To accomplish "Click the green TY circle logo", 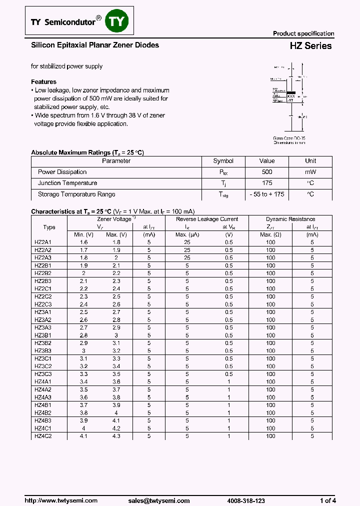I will click(x=119, y=21).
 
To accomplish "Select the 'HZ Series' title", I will click(x=310, y=46).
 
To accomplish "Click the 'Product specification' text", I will click(x=303, y=33).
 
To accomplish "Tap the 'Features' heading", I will click(x=43, y=82).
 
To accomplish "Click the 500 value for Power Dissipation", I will click(x=267, y=172).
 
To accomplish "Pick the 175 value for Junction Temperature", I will click(x=267, y=183).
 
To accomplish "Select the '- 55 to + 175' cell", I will click(x=267, y=194).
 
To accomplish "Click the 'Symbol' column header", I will click(x=223, y=161).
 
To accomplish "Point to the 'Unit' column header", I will click(x=310, y=161).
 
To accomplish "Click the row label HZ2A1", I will click(x=43, y=242).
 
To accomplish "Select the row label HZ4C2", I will click(x=43, y=436).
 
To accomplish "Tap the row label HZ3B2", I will click(x=43, y=343).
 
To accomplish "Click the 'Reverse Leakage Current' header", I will click(x=207, y=219).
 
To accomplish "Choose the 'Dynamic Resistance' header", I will click(x=290, y=219).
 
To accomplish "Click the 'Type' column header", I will click(x=49, y=227).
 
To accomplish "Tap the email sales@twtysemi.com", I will click(x=158, y=500).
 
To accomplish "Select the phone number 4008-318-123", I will click(x=245, y=500).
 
